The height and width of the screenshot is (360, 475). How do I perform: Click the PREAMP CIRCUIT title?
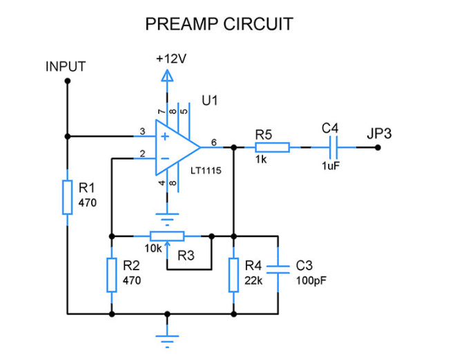tap(219, 24)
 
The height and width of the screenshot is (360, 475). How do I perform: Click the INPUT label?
tap(66, 67)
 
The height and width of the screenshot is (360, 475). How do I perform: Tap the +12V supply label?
tap(171, 59)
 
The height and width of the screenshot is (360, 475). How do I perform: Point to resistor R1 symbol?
tap(67, 197)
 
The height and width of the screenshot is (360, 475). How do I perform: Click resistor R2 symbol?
tap(111, 274)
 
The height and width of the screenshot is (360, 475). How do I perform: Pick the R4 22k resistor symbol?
tap(234, 274)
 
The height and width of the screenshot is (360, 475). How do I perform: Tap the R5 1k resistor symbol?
tap(272, 147)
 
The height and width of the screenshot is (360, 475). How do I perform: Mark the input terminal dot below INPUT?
tap(67, 81)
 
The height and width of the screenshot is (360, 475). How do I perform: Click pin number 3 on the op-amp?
tap(142, 131)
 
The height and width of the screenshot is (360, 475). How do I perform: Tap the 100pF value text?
tap(311, 281)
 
